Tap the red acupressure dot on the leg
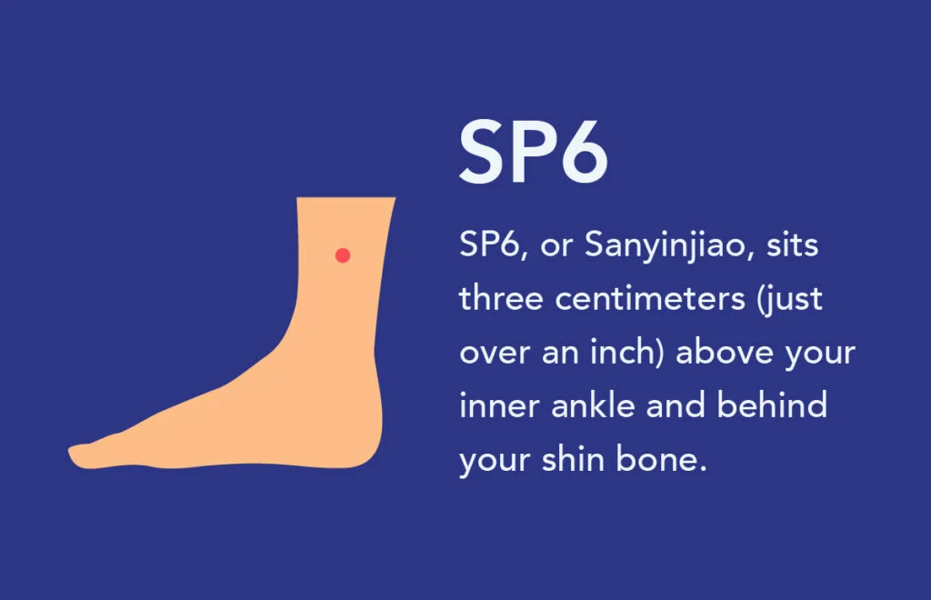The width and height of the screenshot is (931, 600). [343, 255]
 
